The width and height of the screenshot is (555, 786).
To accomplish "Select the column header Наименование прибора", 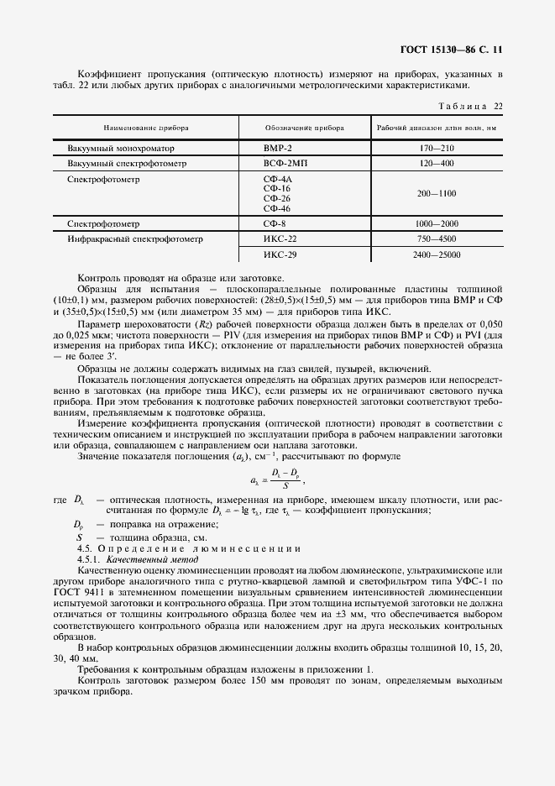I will [x=146, y=128].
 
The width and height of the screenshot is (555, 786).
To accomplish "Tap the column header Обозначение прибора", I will [x=305, y=128].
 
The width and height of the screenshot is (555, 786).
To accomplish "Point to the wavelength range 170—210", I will [x=436, y=148].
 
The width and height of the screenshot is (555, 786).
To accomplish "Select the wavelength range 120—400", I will [x=436, y=163].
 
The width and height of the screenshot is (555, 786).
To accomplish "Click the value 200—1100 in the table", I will [x=436, y=193].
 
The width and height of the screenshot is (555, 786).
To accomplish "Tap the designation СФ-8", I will [x=275, y=224].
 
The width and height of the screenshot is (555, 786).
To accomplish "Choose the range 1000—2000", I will [x=436, y=224].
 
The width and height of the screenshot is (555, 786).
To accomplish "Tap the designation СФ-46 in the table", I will [x=277, y=208].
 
